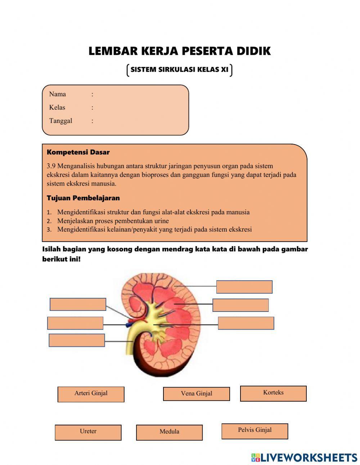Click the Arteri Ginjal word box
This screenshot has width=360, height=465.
pyautogui.click(x=91, y=394)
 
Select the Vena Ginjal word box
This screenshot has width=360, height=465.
pyautogui.click(x=196, y=394)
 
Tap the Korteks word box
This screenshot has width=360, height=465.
pyautogui.click(x=273, y=393)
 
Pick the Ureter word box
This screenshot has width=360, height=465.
pyautogui.click(x=88, y=432)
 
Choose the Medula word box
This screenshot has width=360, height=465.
pyautogui.click(x=169, y=432)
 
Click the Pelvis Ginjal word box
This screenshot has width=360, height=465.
pyautogui.click(x=255, y=431)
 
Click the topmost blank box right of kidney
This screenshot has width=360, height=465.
pyautogui.click(x=244, y=287)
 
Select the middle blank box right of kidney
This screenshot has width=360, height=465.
pyautogui.click(x=240, y=305)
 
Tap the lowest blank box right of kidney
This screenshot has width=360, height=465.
pyautogui.click(x=246, y=323)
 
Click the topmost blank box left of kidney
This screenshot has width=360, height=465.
pyautogui.click(x=78, y=304)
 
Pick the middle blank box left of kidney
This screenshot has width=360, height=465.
pyautogui.click(x=75, y=323)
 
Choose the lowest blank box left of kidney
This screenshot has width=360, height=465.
pyautogui.click(x=77, y=340)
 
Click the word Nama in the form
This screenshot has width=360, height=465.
pyautogui.click(x=58, y=94)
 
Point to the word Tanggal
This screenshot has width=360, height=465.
pyautogui.click(x=60, y=121)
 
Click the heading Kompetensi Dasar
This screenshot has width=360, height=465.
pyautogui.click(x=78, y=152)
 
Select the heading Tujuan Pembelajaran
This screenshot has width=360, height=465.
pyautogui.click(x=83, y=198)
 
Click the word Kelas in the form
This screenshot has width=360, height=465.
pyautogui.click(x=57, y=108)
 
